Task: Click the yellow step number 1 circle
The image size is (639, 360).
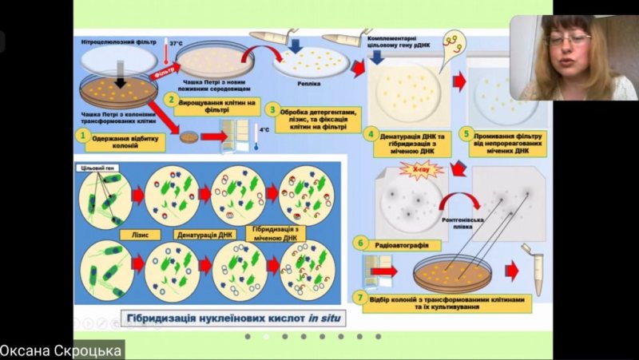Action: pos(81,136)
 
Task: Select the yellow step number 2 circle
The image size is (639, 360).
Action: pos(169,100)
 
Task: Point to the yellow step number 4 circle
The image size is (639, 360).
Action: pos(369,133)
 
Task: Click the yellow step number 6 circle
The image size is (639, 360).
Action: pos(360,242)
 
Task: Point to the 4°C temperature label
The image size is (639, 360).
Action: pos(265,128)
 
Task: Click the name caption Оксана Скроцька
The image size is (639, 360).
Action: pos(62,350)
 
